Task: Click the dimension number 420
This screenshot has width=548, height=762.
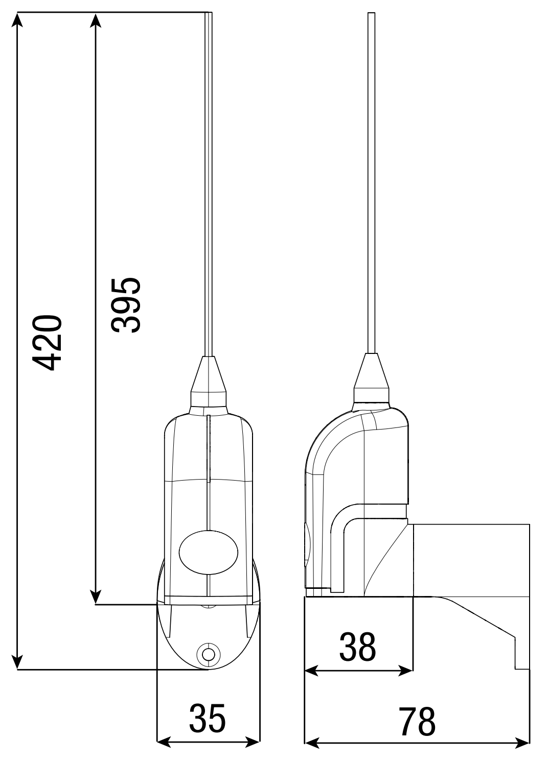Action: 47,342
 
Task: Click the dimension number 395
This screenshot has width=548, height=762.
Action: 126,305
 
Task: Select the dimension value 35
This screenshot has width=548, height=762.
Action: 207,718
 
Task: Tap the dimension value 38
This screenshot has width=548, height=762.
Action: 357,647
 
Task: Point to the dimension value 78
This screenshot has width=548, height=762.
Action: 417,722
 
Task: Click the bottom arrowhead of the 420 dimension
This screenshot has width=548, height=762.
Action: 18,662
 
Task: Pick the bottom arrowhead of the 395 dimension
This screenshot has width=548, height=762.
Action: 95,598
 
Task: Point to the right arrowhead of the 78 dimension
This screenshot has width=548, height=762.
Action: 523,742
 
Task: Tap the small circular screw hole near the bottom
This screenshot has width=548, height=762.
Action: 208,654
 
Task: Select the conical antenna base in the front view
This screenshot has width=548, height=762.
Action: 209,375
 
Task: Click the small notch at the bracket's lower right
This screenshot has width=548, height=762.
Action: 522,659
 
